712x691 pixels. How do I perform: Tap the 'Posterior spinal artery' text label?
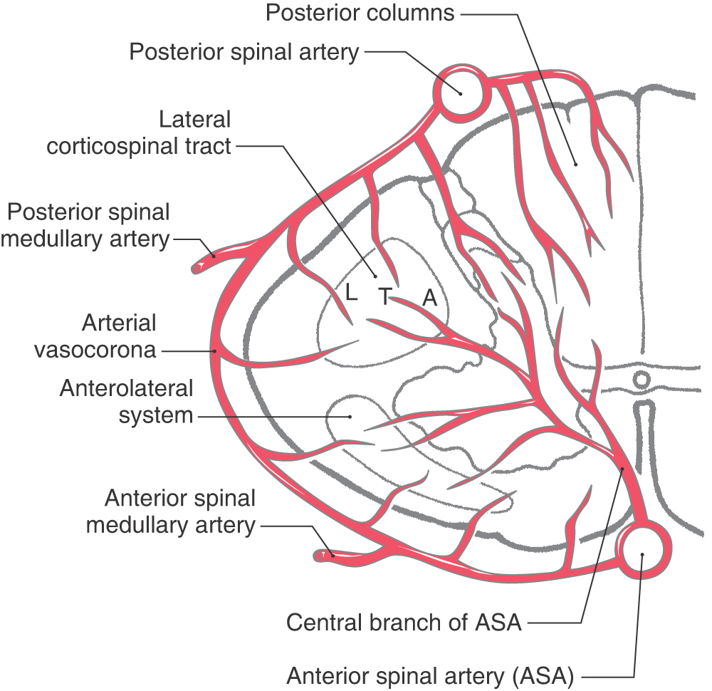(244, 52)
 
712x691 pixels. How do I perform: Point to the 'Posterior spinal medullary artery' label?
(87, 226)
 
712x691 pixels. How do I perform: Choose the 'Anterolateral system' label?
(126, 402)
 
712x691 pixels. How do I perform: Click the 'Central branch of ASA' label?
(404, 623)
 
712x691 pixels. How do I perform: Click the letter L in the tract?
(350, 293)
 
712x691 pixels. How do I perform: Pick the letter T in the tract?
(384, 296)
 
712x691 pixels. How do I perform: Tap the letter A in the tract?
(429, 298)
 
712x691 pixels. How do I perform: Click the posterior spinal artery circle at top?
(461, 93)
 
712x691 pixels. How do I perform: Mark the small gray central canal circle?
(642, 378)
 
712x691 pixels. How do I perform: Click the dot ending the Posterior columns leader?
(577, 164)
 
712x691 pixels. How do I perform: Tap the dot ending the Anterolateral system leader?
(350, 416)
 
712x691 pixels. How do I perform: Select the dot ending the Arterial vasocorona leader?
(214, 350)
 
